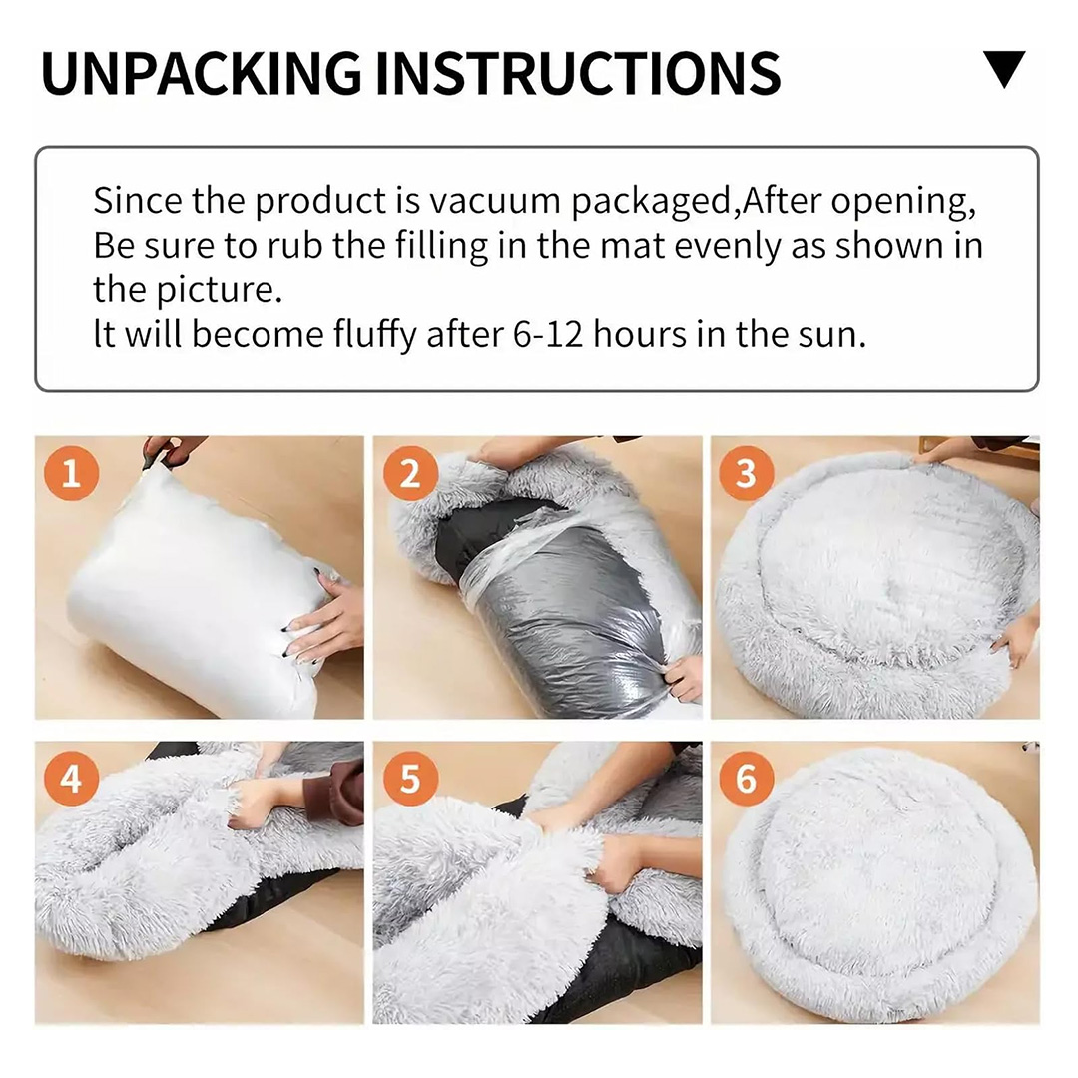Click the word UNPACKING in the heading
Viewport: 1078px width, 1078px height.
(x=202, y=73)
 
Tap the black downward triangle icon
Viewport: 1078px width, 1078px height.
(x=1004, y=69)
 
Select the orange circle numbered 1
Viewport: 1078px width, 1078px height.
(x=71, y=473)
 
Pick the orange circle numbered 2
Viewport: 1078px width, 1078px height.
(x=410, y=473)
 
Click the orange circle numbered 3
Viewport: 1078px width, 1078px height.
(x=746, y=473)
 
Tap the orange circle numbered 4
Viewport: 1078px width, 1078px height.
(x=71, y=779)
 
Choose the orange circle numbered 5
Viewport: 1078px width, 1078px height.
(x=410, y=779)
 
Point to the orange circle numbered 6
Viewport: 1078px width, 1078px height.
(x=746, y=779)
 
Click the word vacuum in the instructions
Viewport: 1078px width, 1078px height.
(x=494, y=201)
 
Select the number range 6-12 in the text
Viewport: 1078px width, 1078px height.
(x=547, y=334)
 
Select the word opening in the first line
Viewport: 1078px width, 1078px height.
(x=902, y=202)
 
